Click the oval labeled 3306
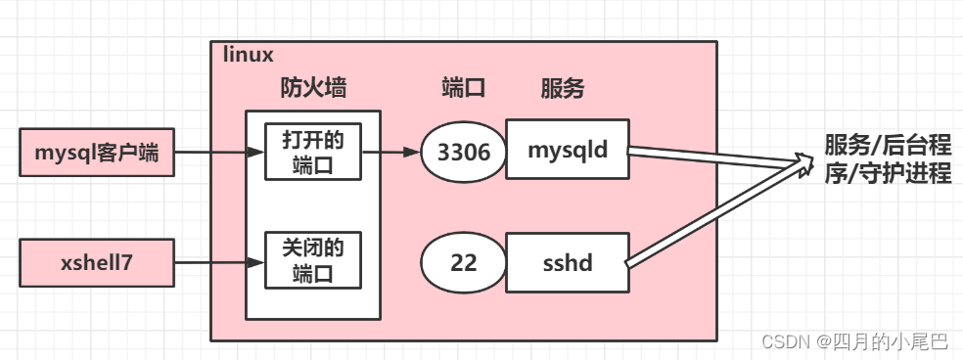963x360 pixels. coord(463,152)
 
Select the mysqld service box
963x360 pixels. coord(568,151)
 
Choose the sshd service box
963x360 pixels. coord(568,263)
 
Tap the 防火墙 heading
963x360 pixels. coord(313,89)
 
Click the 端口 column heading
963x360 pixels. coord(464,89)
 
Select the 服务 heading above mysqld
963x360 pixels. coord(562,89)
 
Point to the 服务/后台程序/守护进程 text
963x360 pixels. coord(888,160)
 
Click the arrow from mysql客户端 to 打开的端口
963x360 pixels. coord(219,153)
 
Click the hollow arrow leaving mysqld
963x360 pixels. coord(714,158)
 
